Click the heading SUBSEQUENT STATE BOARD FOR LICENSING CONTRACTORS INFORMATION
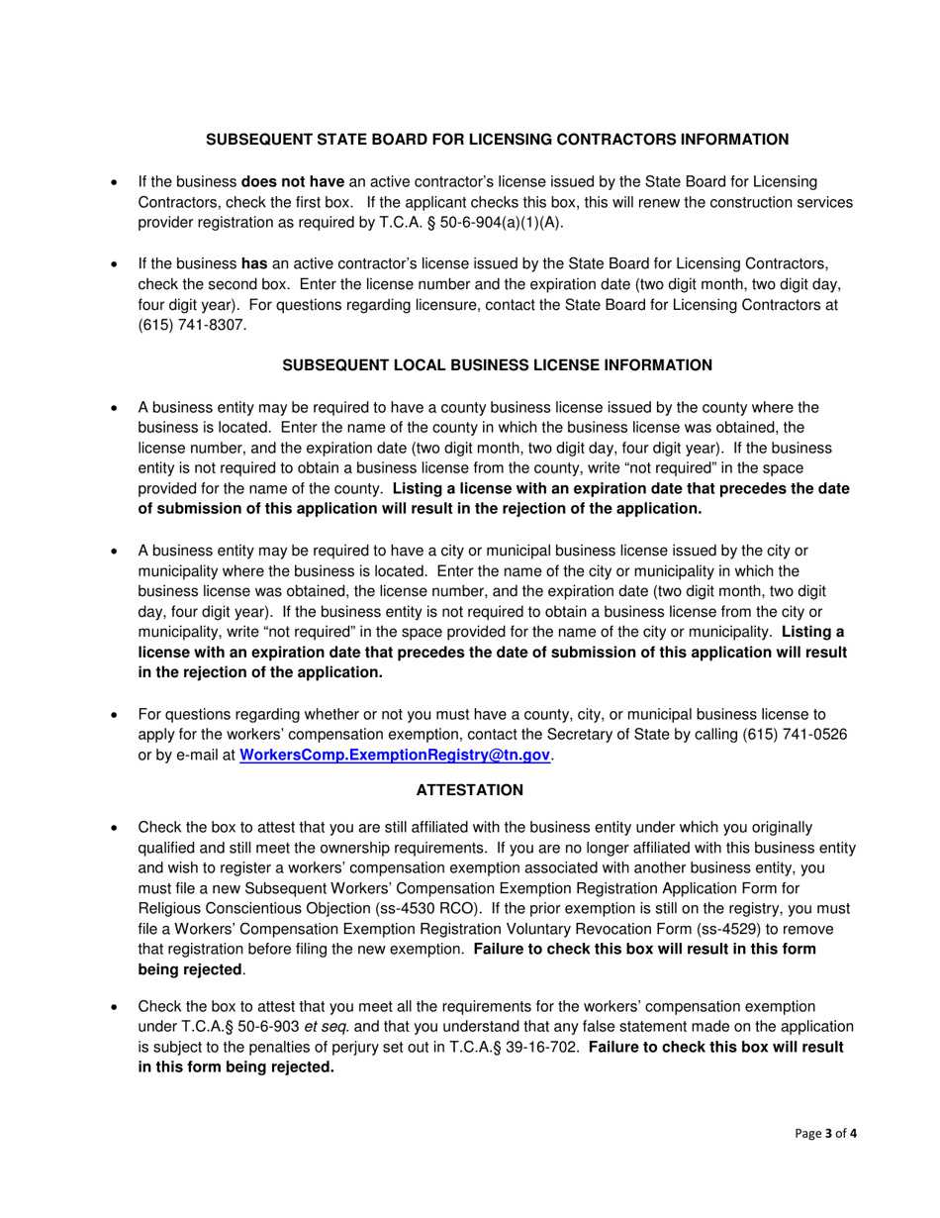click(497, 140)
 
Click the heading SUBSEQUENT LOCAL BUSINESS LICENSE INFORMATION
click(497, 364)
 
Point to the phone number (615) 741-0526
click(772, 734)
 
